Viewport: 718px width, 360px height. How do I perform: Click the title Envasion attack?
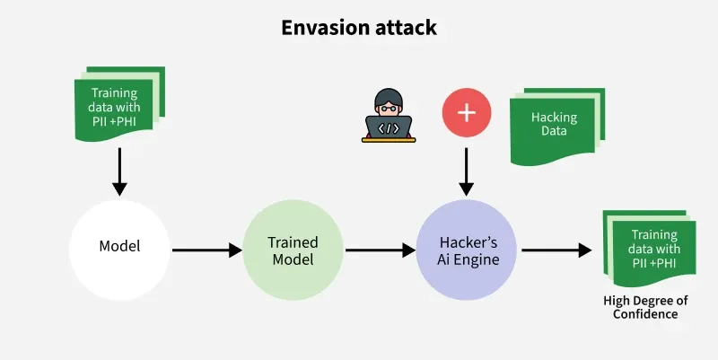tap(359, 28)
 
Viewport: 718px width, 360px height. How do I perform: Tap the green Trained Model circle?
tap(293, 249)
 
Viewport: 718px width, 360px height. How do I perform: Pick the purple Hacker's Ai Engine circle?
tap(466, 249)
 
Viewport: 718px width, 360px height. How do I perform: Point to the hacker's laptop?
tap(388, 128)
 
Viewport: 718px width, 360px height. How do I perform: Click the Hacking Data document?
tap(554, 127)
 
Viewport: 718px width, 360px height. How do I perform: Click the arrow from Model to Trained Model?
tap(206, 250)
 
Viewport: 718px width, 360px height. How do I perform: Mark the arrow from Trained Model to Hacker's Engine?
tap(380, 250)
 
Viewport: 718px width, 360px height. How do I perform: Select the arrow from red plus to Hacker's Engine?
tap(466, 171)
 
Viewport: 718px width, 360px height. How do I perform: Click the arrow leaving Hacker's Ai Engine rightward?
tap(556, 250)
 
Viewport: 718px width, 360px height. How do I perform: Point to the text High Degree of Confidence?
tap(644, 307)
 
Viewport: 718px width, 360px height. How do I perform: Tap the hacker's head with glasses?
tap(388, 101)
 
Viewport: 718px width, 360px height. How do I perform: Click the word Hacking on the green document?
tap(554, 118)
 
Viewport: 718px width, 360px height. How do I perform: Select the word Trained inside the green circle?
tap(293, 241)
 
